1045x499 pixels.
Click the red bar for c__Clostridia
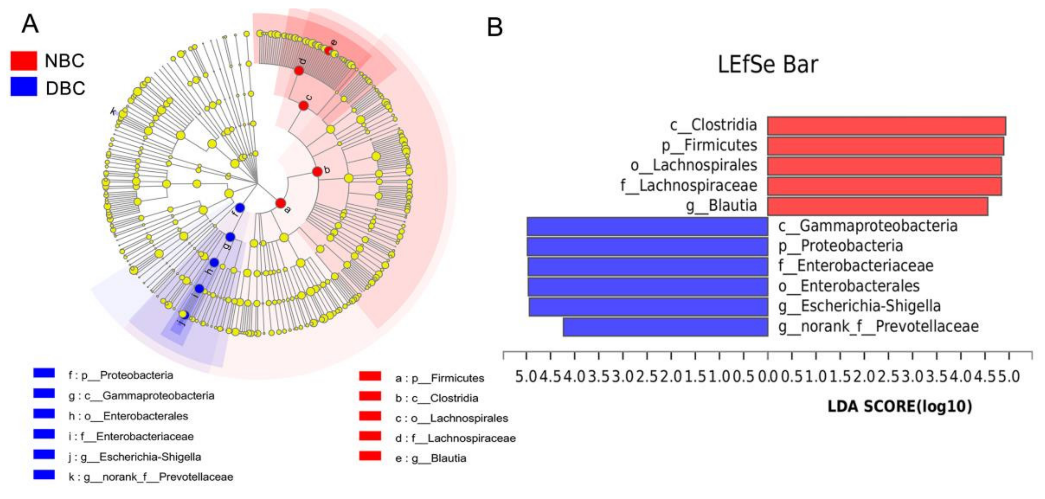click(x=886, y=125)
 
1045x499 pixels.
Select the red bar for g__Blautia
click(x=877, y=206)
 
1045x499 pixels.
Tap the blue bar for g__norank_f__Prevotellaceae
click(x=665, y=327)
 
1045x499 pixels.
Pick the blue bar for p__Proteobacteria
click(x=648, y=247)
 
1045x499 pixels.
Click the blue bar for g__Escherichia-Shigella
click(x=648, y=307)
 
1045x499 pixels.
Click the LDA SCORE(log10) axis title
click(x=899, y=407)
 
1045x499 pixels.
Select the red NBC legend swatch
click(x=24, y=61)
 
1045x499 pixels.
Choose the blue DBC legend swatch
click(x=24, y=87)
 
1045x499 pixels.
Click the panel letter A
click(x=30, y=24)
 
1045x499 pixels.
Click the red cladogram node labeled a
click(x=280, y=203)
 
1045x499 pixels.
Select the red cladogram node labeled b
click(x=317, y=171)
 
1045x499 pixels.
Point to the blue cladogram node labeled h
click(x=214, y=263)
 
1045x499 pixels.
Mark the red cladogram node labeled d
click(x=299, y=71)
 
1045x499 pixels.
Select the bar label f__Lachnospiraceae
click(x=689, y=186)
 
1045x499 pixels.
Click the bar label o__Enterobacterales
click(x=849, y=286)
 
